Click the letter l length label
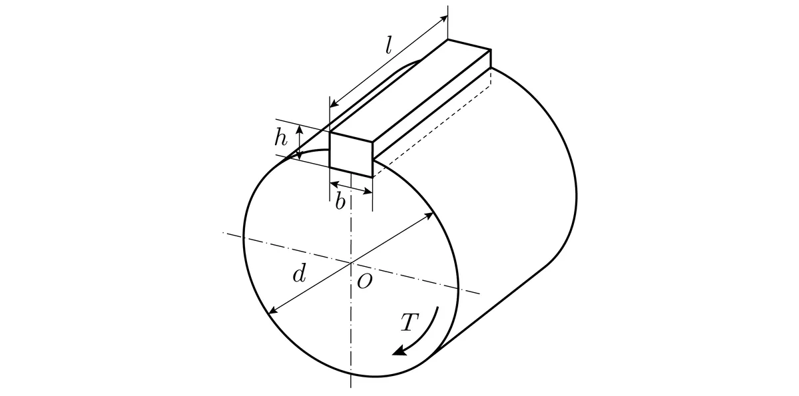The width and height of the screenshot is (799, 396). tap(389, 46)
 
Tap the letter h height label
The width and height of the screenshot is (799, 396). tap(281, 137)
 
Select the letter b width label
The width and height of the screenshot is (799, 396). tap(340, 201)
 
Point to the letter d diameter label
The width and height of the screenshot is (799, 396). tap(299, 274)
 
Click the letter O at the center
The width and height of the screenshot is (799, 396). tap(365, 282)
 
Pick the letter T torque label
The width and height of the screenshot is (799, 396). tap(410, 322)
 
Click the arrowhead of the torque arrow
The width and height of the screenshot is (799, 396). tap(400, 349)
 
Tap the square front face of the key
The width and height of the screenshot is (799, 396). tap(352, 154)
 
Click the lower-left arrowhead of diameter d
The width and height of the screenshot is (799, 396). tap(273, 310)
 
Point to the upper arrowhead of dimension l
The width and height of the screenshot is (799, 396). tap(443, 19)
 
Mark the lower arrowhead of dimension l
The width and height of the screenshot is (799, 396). tap(334, 104)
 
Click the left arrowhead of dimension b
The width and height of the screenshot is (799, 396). tap(334, 184)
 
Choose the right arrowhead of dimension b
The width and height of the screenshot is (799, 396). tap(368, 192)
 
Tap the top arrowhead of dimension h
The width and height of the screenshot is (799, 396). tap(300, 128)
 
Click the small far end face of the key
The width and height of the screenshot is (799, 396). tap(491, 59)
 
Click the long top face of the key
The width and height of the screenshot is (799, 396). tap(410, 91)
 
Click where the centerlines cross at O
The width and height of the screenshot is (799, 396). tap(351, 263)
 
